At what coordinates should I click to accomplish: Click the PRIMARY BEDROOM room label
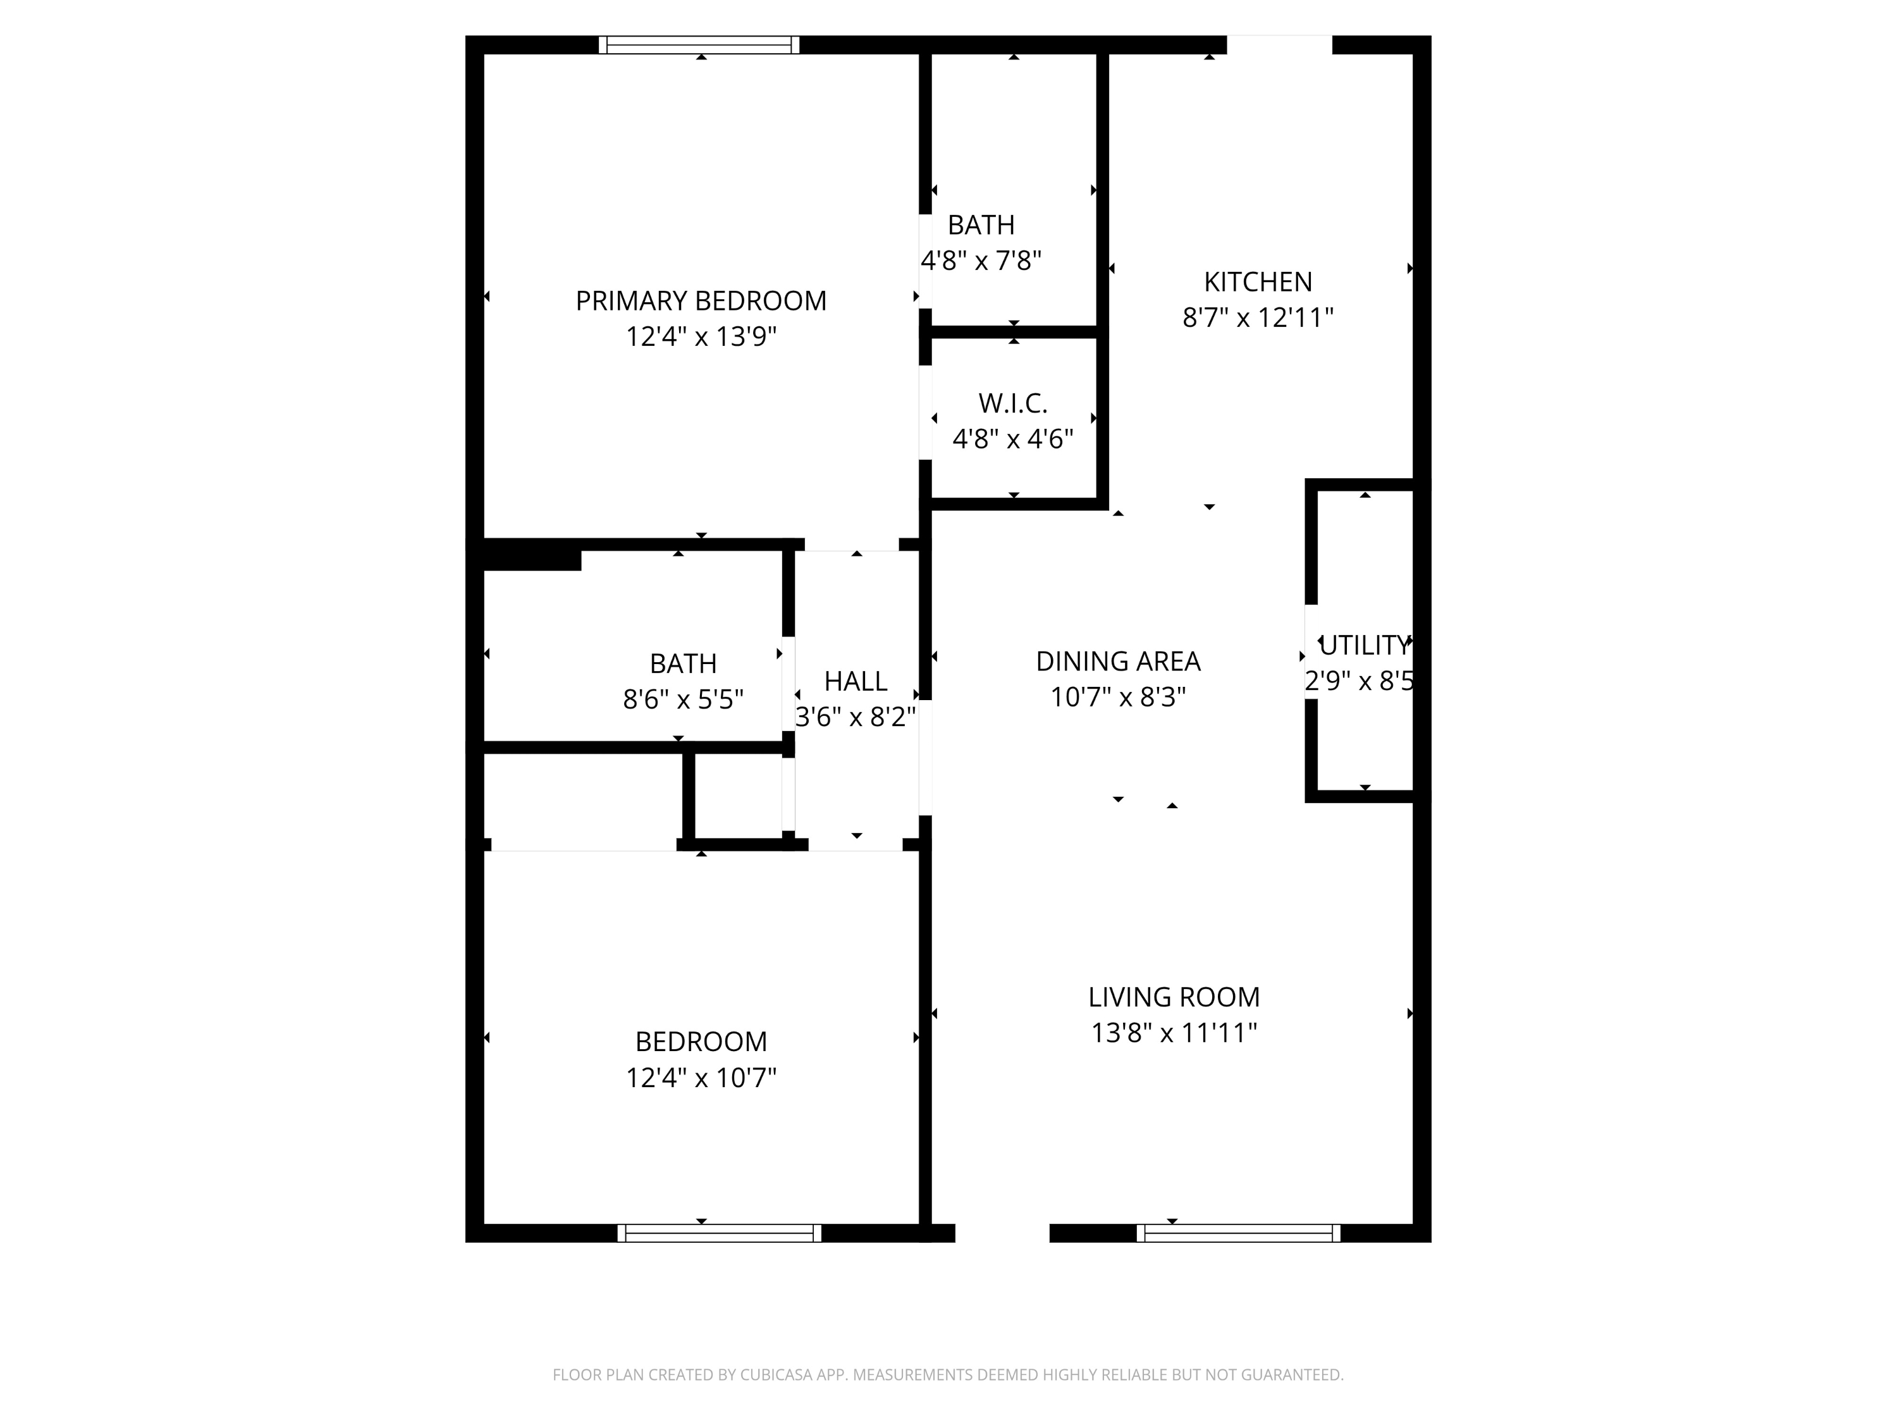tap(701, 301)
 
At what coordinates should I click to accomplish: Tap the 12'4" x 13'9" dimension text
tap(701, 336)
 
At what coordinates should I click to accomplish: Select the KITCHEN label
tap(1257, 282)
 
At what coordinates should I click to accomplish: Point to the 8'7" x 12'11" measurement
tap(1257, 317)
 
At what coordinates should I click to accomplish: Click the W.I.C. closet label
tap(1013, 403)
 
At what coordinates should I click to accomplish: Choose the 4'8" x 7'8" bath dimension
tap(981, 260)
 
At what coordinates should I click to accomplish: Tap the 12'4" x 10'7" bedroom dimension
tap(701, 1076)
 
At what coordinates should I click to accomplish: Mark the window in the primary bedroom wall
tap(699, 45)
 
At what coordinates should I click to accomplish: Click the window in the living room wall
tap(1238, 1233)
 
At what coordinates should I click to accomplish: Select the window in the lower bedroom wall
tap(720, 1233)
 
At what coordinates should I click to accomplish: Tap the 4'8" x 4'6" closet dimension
tap(1013, 438)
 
